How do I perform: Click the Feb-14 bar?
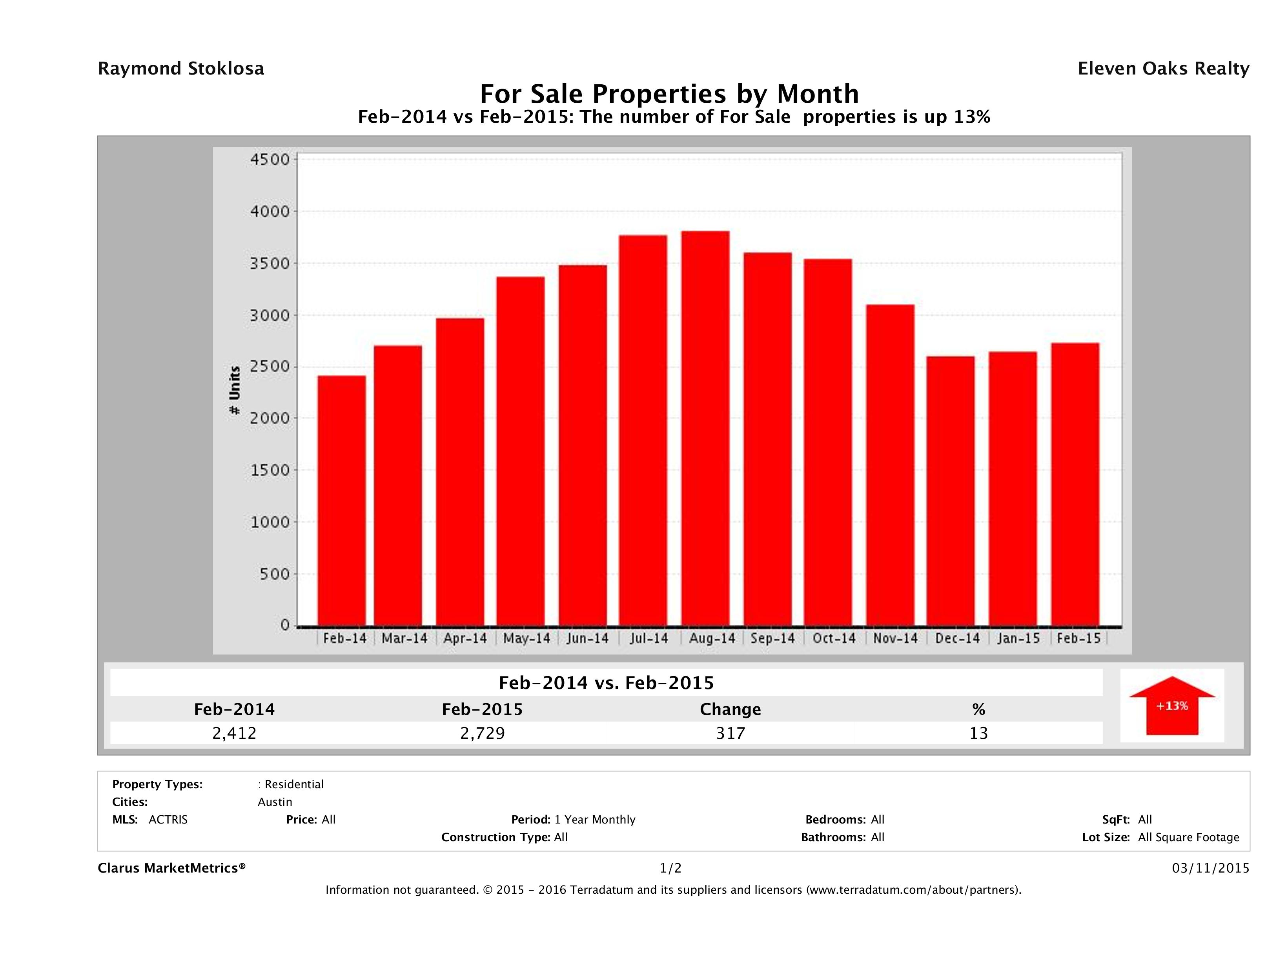coord(342,501)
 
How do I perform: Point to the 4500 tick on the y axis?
coord(271,159)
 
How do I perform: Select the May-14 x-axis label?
coord(526,638)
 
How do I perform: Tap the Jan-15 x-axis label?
coord(1018,638)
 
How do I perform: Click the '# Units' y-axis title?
coord(235,391)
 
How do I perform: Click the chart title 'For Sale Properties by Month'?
coord(669,93)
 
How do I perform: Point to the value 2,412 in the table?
coord(234,733)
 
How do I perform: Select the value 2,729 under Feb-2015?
coord(483,733)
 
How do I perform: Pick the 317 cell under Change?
coord(730,733)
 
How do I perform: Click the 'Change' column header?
coord(730,709)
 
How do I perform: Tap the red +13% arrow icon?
coord(1171,705)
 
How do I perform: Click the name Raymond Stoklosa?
coord(181,69)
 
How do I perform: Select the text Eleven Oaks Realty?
coord(1163,69)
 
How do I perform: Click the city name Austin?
coord(275,802)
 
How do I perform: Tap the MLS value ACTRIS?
coord(168,820)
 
